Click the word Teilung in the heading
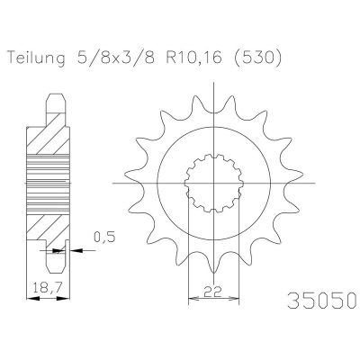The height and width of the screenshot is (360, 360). (36, 58)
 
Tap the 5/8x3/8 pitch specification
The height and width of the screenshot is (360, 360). (116, 58)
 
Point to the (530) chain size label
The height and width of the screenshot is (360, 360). (257, 58)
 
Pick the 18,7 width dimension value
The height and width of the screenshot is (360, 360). (48, 288)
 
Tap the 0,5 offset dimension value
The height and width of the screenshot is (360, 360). (104, 237)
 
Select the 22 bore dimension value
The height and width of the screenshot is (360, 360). (213, 291)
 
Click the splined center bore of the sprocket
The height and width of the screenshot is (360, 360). (213, 183)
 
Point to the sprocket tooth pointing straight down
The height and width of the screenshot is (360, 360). (213, 264)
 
